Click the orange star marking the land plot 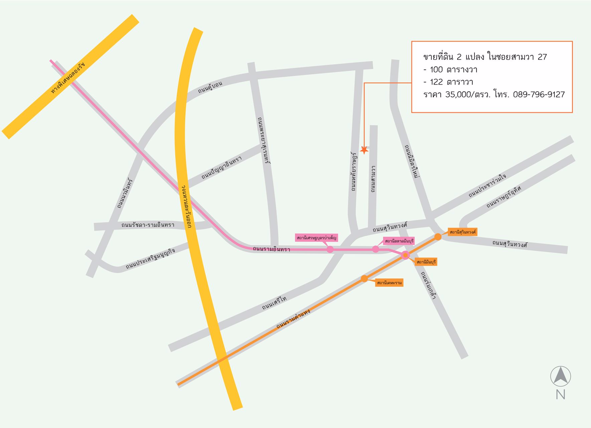coord(364,150)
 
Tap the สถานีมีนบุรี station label coord(426,262)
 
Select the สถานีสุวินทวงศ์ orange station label coord(462,232)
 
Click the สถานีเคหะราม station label coord(389,283)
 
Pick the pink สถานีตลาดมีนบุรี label coord(399,241)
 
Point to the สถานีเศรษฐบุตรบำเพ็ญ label coord(316,238)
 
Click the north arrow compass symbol coord(560,376)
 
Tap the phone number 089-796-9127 coord(539,95)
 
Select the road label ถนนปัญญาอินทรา coord(221,168)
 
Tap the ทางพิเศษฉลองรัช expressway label coord(68,78)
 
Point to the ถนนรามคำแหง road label coord(293,319)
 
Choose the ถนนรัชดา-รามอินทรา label coord(148,225)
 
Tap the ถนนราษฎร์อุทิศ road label coord(503,197)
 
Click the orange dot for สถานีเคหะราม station coord(364,279)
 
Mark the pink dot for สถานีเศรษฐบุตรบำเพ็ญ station coord(330,249)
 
